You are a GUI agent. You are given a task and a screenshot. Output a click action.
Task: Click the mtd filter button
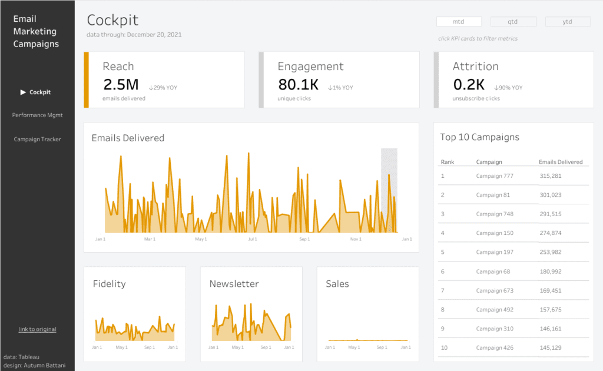tap(459, 22)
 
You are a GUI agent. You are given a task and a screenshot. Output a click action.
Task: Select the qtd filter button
tap(513, 22)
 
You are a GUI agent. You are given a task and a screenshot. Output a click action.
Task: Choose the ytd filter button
tap(568, 22)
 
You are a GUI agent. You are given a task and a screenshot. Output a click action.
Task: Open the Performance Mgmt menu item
tap(37, 115)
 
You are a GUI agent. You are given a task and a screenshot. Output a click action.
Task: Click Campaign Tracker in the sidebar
tap(37, 140)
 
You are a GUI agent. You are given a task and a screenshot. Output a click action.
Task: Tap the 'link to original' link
tap(37, 329)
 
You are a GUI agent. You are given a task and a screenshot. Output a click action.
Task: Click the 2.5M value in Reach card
tap(121, 85)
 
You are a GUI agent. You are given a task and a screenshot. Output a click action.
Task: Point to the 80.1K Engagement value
tap(298, 85)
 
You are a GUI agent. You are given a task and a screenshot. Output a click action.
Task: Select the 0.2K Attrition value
tap(469, 85)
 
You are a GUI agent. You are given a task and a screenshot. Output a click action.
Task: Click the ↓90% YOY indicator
tap(508, 88)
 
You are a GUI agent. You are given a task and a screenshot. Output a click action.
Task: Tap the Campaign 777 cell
tap(495, 176)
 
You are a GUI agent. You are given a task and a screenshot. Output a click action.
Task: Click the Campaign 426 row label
tap(495, 348)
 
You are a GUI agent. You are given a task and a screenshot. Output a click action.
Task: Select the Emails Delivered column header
tap(561, 162)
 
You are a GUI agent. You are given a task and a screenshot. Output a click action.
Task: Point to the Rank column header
tap(448, 162)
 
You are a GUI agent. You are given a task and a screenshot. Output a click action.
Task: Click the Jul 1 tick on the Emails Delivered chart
tap(253, 240)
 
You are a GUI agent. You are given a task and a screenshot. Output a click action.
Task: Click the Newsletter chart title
tap(234, 284)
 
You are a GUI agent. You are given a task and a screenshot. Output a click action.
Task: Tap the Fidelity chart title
tap(109, 284)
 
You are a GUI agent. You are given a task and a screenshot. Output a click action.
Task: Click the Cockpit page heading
tap(112, 20)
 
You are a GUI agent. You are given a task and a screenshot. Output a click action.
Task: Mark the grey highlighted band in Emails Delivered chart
tap(389, 188)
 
